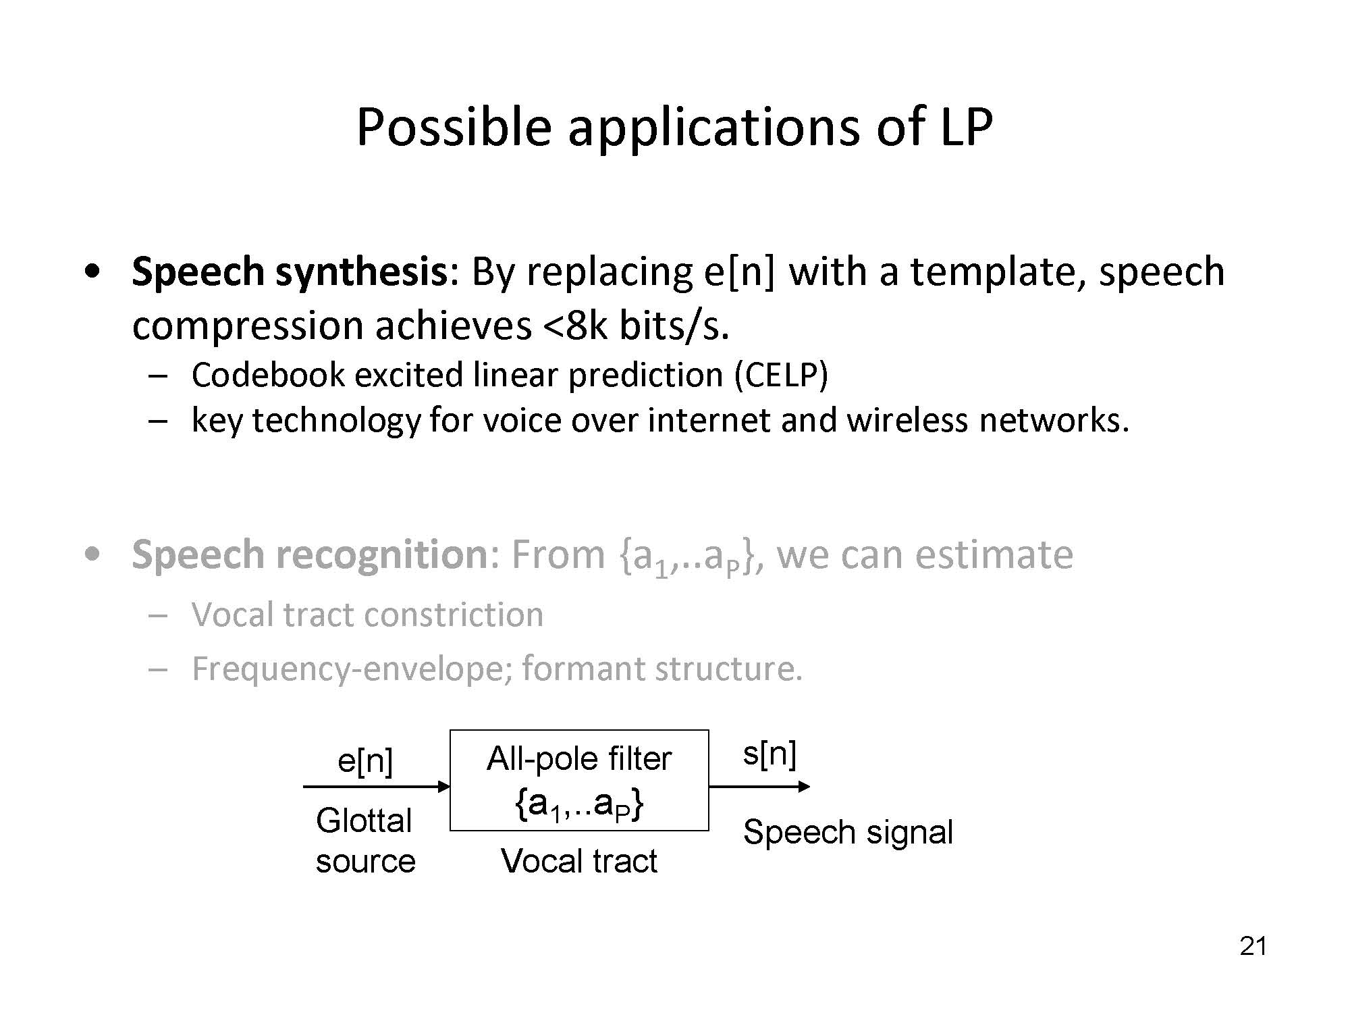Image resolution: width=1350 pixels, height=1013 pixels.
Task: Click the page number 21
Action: [x=1253, y=946]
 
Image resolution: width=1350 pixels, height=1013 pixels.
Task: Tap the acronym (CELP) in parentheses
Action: [x=781, y=375]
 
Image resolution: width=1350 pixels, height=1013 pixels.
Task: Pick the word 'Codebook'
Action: [x=268, y=375]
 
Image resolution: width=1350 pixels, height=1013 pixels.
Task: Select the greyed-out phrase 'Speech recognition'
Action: [x=309, y=555]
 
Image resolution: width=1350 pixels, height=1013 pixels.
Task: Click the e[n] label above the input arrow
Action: [x=364, y=761]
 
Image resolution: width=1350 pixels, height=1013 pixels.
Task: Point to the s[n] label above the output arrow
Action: [x=769, y=753]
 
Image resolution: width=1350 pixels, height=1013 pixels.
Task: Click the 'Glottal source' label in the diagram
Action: [x=365, y=841]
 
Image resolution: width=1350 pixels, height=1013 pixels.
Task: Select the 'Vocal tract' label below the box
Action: [x=579, y=861]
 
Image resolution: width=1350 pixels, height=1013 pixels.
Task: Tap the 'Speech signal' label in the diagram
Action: [x=848, y=832]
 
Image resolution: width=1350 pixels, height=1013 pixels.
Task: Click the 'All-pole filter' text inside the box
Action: [x=579, y=758]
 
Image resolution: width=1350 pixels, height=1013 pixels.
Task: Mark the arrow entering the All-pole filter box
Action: [x=377, y=786]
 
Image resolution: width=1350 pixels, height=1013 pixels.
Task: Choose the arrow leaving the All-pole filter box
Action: [x=759, y=786]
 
